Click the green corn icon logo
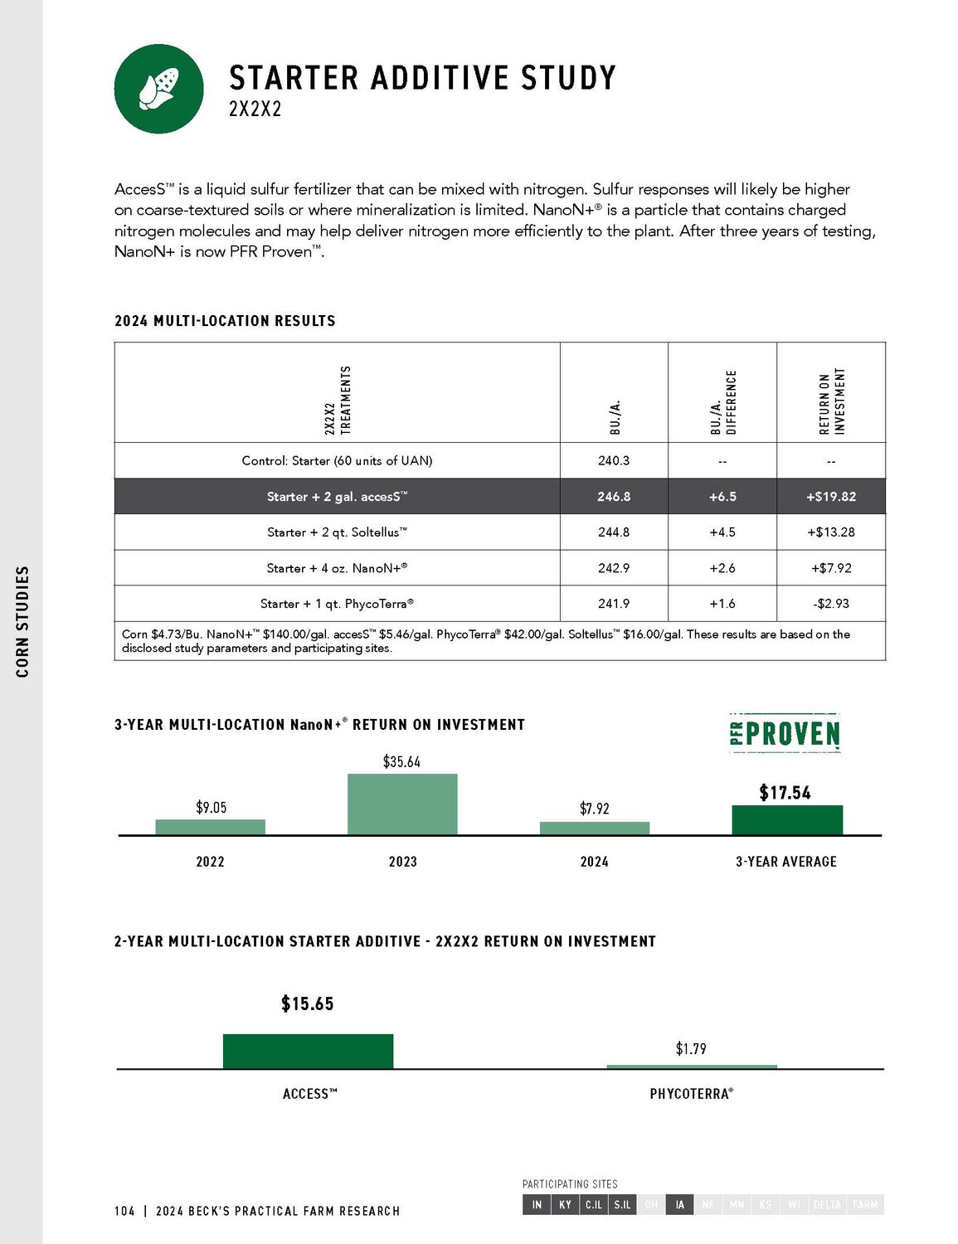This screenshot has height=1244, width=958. tap(158, 89)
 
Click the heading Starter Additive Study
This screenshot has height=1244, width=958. tap(422, 78)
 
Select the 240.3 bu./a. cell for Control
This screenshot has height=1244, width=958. tap(614, 460)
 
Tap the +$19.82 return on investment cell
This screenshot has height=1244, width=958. tap(830, 496)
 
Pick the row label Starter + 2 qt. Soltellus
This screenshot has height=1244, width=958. tap(337, 532)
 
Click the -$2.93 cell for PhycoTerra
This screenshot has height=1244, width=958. tap(830, 604)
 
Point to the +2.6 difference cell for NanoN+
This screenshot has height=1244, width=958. tap(722, 568)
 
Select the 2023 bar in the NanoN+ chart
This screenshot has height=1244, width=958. tap(402, 804)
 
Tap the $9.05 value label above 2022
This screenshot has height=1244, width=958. tap(211, 807)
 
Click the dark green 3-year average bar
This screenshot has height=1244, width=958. tap(787, 820)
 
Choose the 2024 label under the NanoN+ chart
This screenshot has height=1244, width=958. tap(594, 862)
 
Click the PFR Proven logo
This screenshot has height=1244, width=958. tap(785, 733)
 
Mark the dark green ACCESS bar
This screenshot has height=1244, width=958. tap(308, 1052)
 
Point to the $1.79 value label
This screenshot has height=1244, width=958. tap(691, 1049)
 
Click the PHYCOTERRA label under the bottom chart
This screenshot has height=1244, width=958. tap(691, 1094)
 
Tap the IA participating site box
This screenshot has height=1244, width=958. tap(679, 1204)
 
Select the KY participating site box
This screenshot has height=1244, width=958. tap(565, 1204)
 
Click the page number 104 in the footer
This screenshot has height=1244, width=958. tap(124, 1211)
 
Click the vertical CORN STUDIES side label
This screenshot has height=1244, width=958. tap(22, 621)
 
